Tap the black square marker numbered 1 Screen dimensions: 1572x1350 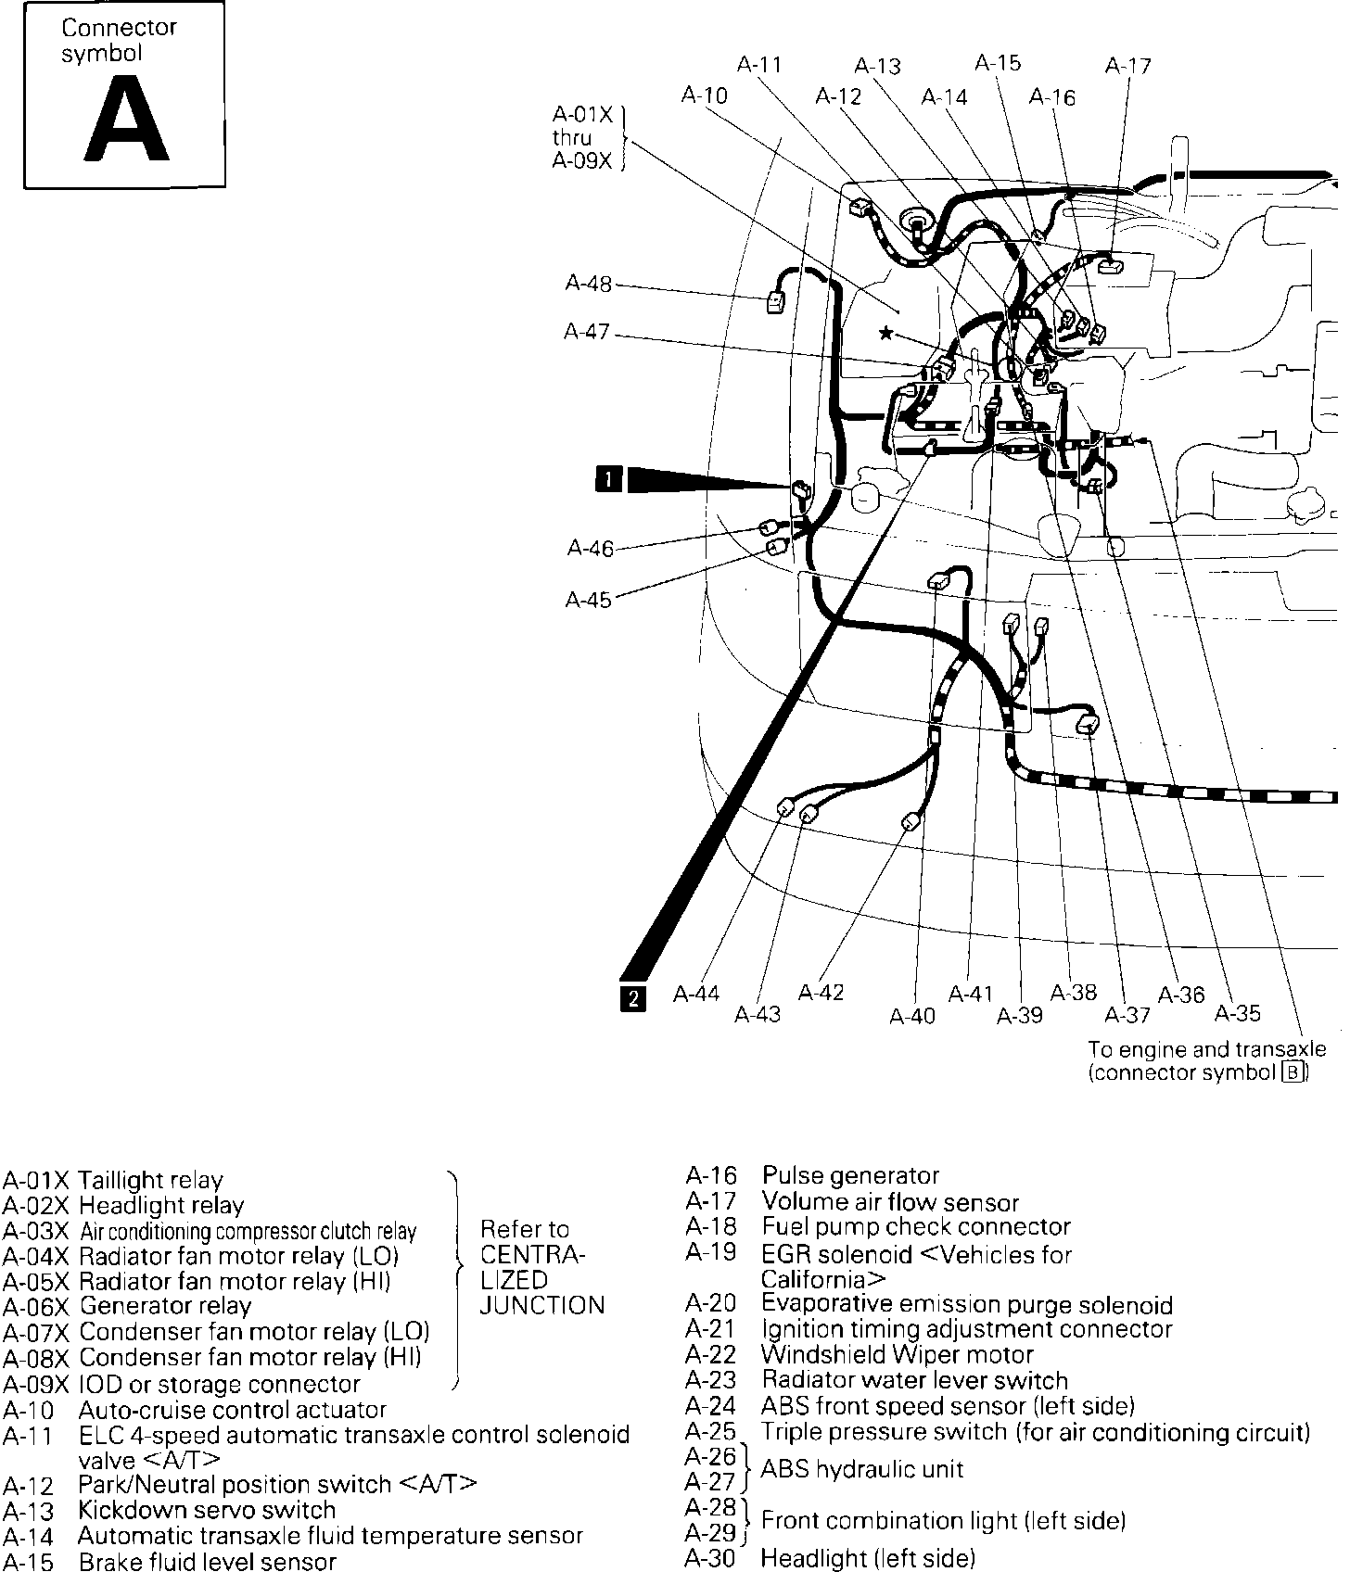608,479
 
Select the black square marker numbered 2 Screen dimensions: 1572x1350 633,998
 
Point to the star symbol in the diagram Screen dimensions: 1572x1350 886,332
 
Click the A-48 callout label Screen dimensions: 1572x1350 589,284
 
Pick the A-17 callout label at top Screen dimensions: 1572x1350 1127,66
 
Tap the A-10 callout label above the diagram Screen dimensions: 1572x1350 704,95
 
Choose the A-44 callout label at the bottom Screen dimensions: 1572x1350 696,994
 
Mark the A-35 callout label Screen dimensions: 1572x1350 1238,1013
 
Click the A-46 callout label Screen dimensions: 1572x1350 591,549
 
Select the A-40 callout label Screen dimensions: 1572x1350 912,1017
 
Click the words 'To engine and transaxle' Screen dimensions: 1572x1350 1206,1049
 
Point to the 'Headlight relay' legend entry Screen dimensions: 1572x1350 161,1206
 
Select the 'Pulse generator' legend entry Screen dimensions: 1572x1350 850,1176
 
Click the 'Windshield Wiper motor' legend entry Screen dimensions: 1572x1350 897,1354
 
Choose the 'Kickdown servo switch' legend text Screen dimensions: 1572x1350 207,1510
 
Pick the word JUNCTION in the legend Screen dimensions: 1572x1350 542,1306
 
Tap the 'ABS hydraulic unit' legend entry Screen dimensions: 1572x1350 861,1469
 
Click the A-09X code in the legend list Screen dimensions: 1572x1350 36,1385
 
